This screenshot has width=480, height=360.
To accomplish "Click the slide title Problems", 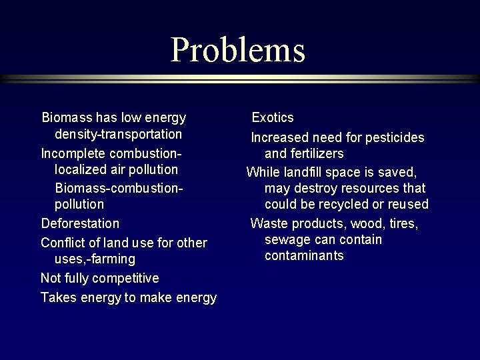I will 237,49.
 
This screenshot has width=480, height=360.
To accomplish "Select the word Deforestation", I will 80,223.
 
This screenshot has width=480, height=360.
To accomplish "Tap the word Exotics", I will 272,118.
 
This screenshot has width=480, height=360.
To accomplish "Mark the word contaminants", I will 304,256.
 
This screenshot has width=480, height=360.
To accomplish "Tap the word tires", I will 402,223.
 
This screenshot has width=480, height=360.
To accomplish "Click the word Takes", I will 58,298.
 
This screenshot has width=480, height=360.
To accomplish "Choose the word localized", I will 79,169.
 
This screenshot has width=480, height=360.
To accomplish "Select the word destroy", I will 313,188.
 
